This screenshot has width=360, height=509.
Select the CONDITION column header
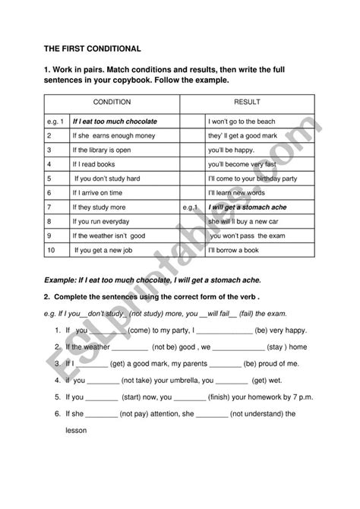(112, 101)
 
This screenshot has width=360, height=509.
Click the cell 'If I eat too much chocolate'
(114, 121)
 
